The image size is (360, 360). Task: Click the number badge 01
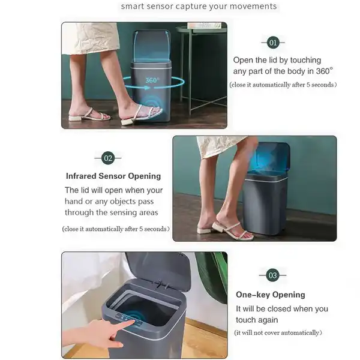pyautogui.click(x=273, y=43)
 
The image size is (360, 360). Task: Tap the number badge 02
pyautogui.click(x=108, y=158)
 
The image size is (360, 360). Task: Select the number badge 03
pyautogui.click(x=272, y=275)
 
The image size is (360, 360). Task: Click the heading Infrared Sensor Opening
pyautogui.click(x=113, y=176)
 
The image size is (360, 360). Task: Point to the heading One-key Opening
pyautogui.click(x=271, y=295)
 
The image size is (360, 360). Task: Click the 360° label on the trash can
pyautogui.click(x=152, y=80)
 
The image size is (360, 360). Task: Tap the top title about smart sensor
pyautogui.click(x=199, y=6)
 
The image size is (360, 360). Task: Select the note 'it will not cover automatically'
pyautogui.click(x=278, y=332)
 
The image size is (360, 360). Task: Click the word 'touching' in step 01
pyautogui.click(x=305, y=60)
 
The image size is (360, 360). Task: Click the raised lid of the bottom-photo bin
pyautogui.click(x=159, y=271)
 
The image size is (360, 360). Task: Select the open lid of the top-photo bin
pyautogui.click(x=152, y=46)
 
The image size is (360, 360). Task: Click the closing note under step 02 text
pyautogui.click(x=116, y=229)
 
